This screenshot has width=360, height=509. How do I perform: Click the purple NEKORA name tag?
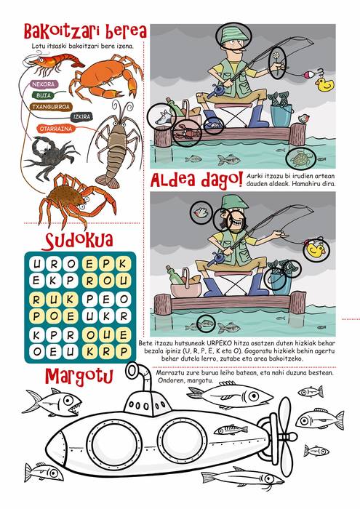click(x=44, y=84)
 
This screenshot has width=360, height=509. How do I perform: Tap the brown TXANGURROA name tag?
click(x=50, y=107)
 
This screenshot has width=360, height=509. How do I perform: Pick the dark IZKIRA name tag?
click(x=81, y=116)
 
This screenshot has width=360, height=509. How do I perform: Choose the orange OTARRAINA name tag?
click(x=55, y=129)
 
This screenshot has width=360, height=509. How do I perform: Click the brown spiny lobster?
click(x=116, y=143)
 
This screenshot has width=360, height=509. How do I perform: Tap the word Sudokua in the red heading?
click(x=79, y=241)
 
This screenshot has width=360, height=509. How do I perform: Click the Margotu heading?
click(x=79, y=376)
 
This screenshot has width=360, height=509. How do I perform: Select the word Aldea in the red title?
click(x=174, y=180)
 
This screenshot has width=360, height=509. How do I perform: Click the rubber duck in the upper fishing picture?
click(x=324, y=84)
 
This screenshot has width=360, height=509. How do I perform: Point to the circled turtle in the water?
click(x=302, y=159)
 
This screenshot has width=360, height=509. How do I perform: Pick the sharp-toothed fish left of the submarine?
click(x=52, y=403)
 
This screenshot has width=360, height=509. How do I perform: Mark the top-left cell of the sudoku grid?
click(x=37, y=263)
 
